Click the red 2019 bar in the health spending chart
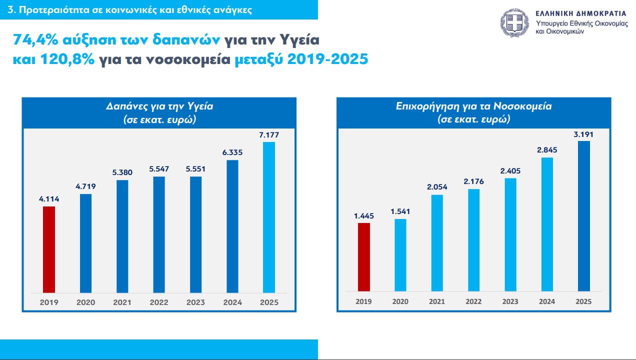48,249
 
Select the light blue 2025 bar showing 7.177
269,217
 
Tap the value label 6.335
232,151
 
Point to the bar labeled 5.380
122,236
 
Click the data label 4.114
48,198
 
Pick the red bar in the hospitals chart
364,256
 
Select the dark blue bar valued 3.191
584,215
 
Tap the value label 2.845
547,149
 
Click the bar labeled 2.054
437,242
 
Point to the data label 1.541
400,211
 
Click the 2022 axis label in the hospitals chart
473,301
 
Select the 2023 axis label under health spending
195,302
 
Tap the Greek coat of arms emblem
515,22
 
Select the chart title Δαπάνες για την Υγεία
159,106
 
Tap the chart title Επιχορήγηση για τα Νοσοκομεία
473,106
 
